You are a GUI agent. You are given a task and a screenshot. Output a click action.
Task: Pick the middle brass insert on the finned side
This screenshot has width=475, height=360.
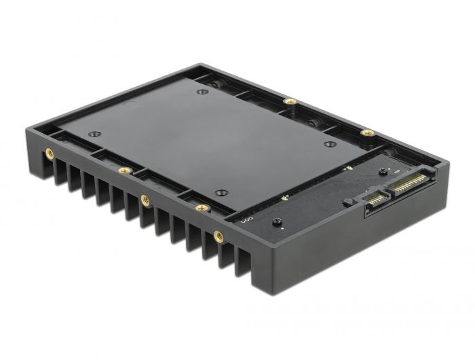[x=145, y=200]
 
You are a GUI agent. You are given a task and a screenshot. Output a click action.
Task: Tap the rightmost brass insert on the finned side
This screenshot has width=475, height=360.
[x=218, y=236]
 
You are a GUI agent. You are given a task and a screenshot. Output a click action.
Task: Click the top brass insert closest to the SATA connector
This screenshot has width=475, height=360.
[x=367, y=132]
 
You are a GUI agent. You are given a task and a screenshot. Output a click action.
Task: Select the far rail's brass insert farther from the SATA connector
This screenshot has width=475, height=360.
[x=290, y=101]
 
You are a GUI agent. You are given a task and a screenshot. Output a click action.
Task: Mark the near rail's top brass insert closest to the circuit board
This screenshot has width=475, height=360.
[x=201, y=208]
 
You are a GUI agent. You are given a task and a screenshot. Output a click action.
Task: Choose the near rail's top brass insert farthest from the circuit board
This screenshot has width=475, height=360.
[x=123, y=170]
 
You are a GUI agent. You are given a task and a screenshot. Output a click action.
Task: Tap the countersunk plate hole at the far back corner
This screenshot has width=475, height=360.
[x=202, y=91]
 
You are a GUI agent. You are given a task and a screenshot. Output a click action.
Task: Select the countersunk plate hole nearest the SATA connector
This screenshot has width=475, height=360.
[x=330, y=144]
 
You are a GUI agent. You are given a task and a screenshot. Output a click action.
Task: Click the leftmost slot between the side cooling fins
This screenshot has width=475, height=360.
[x=60, y=167]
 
